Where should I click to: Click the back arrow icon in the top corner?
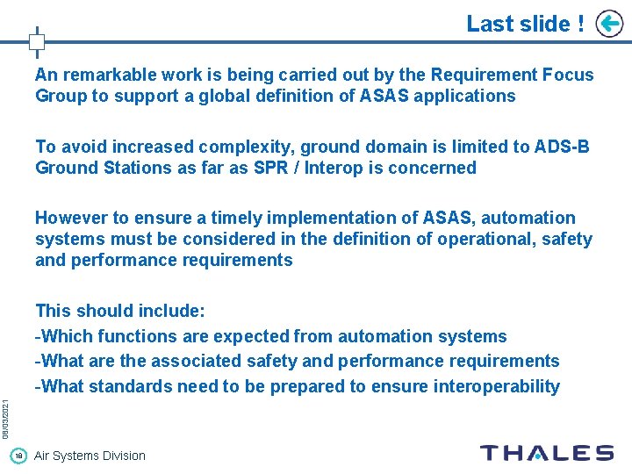point(609,24)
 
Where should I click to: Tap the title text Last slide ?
point(525,24)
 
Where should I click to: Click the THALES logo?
point(546,453)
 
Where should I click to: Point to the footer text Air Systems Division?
point(90,456)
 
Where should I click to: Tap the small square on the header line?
point(37,41)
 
